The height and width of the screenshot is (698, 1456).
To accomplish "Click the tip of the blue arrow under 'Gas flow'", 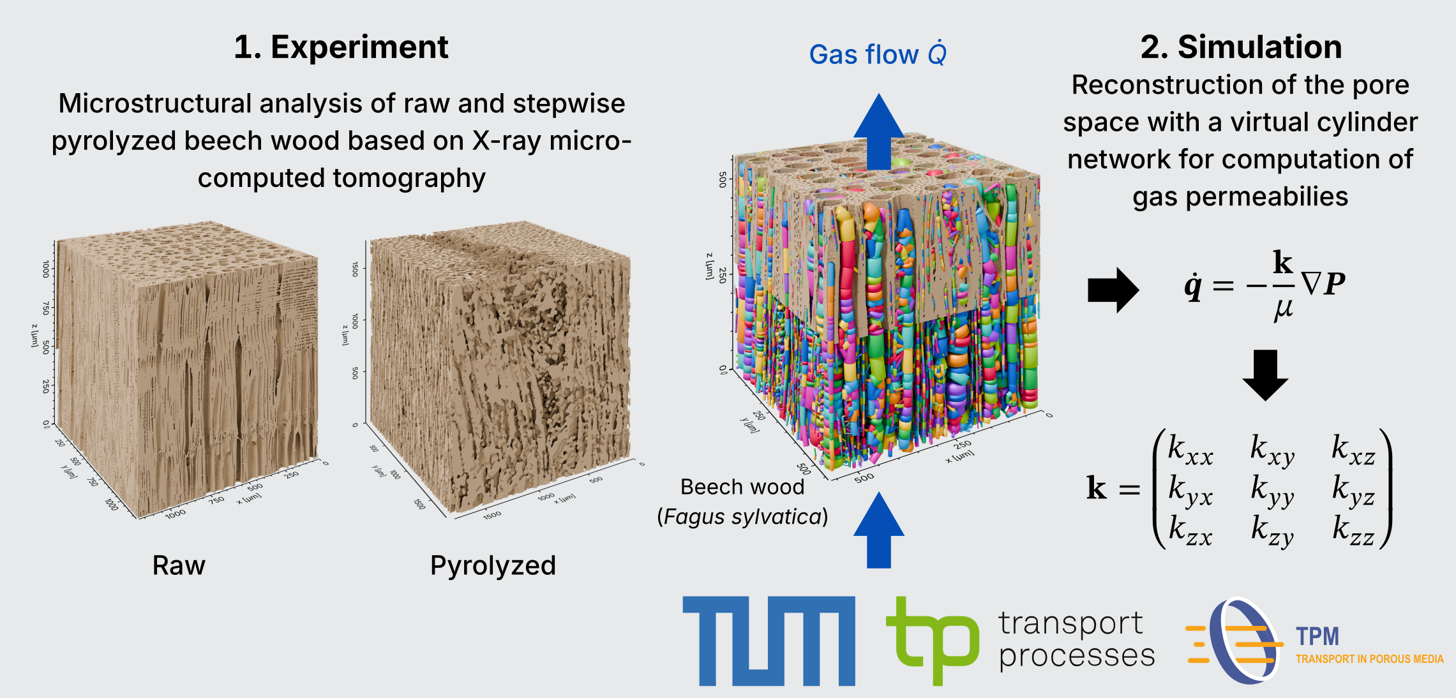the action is point(879,94).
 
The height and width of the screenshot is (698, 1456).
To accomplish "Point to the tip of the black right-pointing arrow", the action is point(1139,290).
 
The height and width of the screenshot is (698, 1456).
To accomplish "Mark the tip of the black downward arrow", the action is point(1265,401).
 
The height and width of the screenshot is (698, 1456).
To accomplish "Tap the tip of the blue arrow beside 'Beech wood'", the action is point(879,492).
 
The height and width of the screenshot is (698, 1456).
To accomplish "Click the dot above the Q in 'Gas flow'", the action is point(938,41).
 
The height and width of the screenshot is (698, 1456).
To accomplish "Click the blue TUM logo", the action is point(769,641).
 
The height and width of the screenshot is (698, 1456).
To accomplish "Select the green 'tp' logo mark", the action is point(933,641).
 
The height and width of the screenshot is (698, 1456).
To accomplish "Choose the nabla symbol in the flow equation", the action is point(1311,283).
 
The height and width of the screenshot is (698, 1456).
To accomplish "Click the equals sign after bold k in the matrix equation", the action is point(1129,489).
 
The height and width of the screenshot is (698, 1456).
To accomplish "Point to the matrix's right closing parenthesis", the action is point(1386,489).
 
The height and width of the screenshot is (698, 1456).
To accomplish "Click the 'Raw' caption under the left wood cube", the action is point(179,565).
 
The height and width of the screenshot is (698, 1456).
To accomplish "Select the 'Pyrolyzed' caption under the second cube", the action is point(493,566).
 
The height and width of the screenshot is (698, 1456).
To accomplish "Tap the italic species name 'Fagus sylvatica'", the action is point(742,517).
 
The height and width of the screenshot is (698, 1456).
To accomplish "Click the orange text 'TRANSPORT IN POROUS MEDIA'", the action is point(1369,659).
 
